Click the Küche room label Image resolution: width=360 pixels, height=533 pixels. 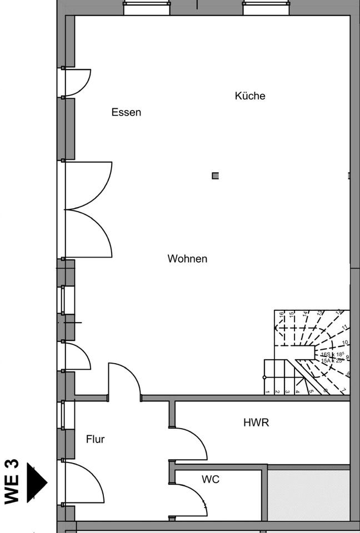250,95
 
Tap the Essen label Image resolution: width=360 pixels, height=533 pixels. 126,112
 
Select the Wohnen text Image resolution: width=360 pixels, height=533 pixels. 187,259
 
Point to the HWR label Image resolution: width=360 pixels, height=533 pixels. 256,423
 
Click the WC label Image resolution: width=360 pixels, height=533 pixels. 211,479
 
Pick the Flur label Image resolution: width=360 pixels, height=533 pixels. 95,439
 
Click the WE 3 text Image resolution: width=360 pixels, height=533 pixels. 12,481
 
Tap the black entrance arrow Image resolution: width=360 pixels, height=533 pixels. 37,481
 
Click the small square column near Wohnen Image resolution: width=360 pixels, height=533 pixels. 215,176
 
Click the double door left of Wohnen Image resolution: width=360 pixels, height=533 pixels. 89,209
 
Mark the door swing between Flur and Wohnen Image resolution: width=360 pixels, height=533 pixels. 124,381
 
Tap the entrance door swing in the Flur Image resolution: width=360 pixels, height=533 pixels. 83,482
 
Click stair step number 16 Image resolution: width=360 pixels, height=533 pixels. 282,315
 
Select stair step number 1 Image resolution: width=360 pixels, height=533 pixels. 267,391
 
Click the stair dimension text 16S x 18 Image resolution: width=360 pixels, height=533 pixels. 333,354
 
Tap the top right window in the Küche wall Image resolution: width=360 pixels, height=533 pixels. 266,8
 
